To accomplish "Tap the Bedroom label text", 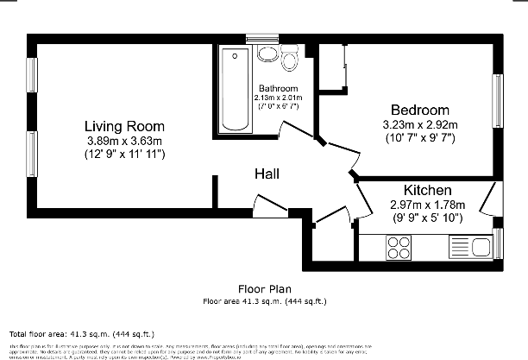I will click(420, 110).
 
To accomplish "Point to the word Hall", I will click(267, 174).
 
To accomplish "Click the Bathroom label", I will click(278, 89).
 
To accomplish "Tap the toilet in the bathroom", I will click(288, 60).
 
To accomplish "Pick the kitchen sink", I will click(469, 248).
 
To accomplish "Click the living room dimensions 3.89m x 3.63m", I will click(125, 141).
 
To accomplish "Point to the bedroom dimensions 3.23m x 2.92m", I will click(420, 124).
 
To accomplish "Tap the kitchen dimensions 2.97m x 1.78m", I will click(428, 205).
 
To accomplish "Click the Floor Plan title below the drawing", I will click(264, 290).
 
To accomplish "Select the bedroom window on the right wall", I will click(498, 102).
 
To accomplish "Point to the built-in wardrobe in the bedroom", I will click(332, 66).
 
